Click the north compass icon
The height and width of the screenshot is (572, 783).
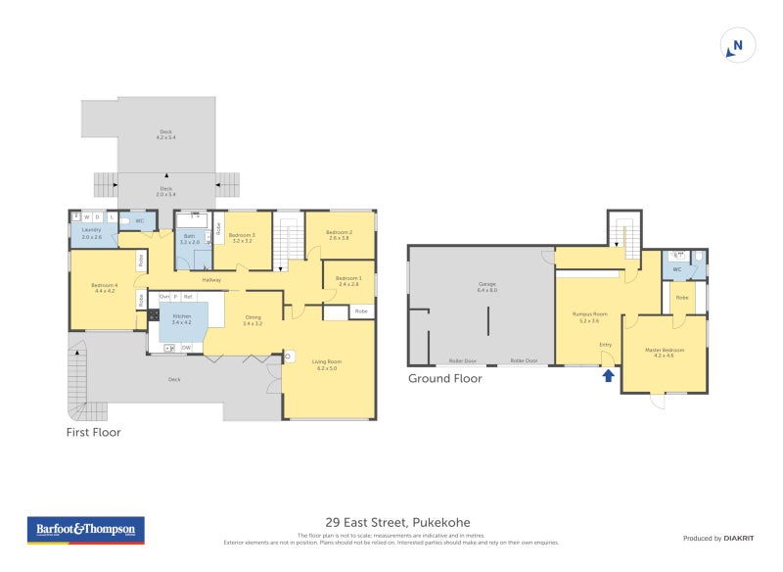(737, 46)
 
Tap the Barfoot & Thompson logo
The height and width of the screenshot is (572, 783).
(85, 530)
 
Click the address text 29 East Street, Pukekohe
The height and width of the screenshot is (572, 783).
(391, 523)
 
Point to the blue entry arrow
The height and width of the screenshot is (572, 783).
(609, 374)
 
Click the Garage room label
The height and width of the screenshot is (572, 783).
(486, 287)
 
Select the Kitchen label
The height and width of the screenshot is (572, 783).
(182, 318)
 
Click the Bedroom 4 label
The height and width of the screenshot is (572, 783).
(104, 288)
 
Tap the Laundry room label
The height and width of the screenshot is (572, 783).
(91, 232)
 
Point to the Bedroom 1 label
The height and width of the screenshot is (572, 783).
(348, 280)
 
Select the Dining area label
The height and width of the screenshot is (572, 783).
(253, 319)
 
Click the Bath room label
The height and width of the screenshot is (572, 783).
(189, 238)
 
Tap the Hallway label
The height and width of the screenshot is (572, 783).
(211, 280)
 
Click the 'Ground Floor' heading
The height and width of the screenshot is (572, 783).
(445, 378)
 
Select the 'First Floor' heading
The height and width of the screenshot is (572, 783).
(93, 432)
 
